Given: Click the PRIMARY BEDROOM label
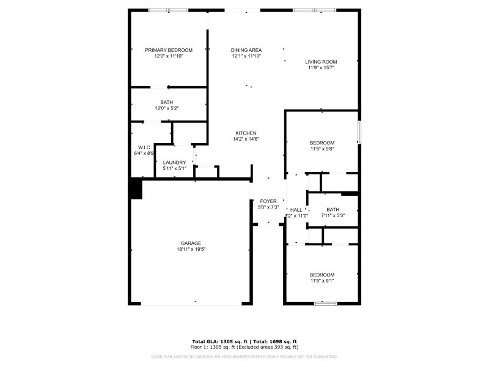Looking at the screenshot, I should pos(169,50).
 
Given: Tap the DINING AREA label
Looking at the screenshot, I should pos(246,50).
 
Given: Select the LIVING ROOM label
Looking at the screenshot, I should pos(322,62).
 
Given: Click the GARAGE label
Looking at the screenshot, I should pos(191,243).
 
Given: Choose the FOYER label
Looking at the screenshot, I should pos(268,201).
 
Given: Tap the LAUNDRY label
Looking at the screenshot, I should pos(174,163).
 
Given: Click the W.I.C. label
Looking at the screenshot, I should pos(145,147).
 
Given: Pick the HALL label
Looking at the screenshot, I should pos(296,210).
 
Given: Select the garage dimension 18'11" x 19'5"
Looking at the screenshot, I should pos(191,249).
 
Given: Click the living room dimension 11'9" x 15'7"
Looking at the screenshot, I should pos(322,68).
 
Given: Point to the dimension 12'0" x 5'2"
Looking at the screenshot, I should pos(167,108).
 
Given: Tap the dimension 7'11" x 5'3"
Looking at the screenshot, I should pos(333,215).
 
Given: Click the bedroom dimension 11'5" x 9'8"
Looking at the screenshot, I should pos(322,149).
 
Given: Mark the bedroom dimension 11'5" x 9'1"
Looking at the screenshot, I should pos(322,281).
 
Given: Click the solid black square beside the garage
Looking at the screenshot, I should pos(135,188).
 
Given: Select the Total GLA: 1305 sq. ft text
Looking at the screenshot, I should pos(219,341).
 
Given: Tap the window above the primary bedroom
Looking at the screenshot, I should pos(169,10).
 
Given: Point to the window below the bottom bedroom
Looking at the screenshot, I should pos(325,303).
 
